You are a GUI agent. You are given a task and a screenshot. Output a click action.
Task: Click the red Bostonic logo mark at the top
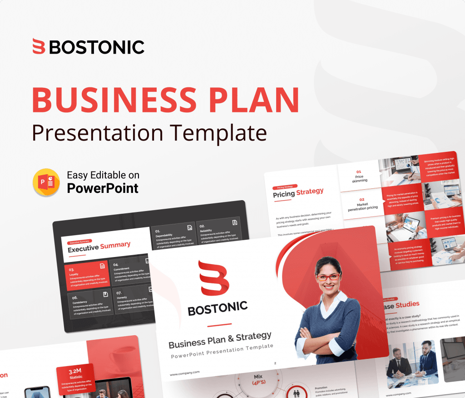click(39, 47)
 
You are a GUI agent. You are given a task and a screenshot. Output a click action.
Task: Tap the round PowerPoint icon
click(46, 182)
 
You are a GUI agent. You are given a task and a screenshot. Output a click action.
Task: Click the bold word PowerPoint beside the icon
click(103, 188)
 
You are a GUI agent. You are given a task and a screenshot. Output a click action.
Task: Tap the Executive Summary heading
click(99, 247)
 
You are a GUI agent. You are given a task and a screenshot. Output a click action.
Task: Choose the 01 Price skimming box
click(359, 176)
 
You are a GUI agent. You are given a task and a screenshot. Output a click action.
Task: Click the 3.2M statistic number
click(76, 371)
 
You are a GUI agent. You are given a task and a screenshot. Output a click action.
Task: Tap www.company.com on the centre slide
click(185, 373)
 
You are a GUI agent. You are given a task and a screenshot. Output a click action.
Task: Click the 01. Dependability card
click(173, 236)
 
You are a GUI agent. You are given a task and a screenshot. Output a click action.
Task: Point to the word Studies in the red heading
click(407, 304)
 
